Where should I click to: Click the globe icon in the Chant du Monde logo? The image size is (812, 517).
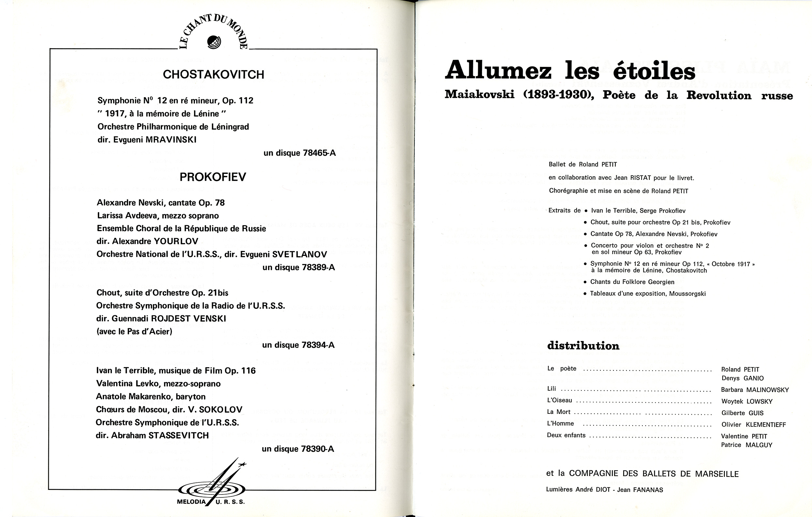[214, 42]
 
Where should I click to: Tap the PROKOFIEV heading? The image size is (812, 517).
[213, 177]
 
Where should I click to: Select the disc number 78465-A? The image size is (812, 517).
[319, 153]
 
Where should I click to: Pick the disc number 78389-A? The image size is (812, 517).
[318, 267]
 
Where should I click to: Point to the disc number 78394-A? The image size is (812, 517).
[318, 345]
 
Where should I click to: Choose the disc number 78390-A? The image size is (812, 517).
[318, 449]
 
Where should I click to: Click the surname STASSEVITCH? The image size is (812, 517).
[179, 435]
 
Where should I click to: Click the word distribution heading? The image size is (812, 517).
[583, 346]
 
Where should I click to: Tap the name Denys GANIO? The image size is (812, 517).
[743, 378]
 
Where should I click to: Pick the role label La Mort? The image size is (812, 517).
[558, 412]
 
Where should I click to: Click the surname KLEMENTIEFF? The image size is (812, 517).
[766, 425]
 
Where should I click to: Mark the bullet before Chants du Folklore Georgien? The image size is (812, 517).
[585, 282]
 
